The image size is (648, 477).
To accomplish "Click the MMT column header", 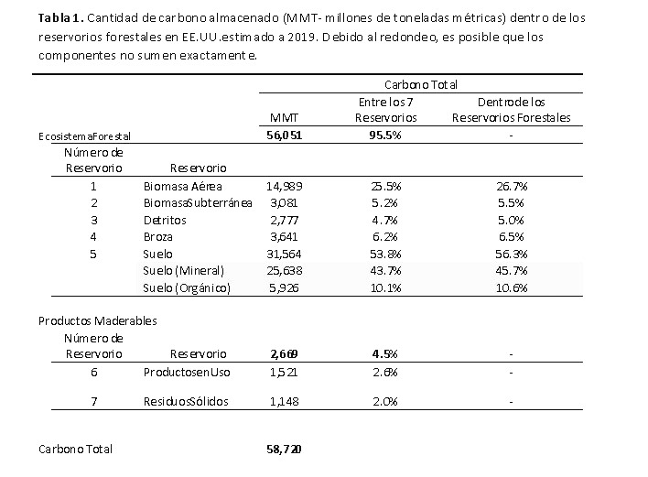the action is tap(284, 118).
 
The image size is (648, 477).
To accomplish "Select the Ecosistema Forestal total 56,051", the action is tap(285, 136).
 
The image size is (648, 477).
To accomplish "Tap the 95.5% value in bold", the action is tap(385, 136).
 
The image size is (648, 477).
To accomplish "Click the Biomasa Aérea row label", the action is tap(183, 187).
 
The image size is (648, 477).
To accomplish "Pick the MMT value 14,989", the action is tap(285, 187).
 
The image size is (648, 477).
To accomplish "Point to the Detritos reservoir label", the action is tap(165, 221).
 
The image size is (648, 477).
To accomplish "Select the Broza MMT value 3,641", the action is tap(284, 237).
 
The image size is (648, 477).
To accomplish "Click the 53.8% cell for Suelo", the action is tap(385, 254).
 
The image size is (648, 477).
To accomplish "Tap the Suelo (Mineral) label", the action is tap(183, 271).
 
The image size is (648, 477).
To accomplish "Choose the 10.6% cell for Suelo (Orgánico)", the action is tap(512, 287).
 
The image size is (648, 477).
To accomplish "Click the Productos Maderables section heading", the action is tap(98, 321).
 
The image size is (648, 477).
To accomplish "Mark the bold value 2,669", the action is tap(284, 353).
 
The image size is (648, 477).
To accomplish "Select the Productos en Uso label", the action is tap(187, 373).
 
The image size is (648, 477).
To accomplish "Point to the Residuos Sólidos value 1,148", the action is tap(284, 401).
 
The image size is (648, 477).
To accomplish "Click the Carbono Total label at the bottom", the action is tap(75, 450).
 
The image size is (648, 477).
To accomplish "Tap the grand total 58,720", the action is tap(284, 450).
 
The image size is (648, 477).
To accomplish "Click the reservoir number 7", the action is tap(93, 401).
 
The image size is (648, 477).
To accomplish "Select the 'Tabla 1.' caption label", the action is tap(61, 17).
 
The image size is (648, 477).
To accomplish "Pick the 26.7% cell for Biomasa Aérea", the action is tap(512, 187).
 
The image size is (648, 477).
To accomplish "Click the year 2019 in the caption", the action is tap(302, 38).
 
